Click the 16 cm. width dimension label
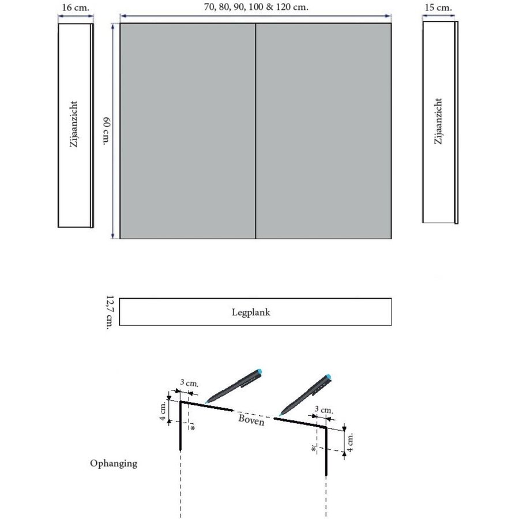pyautogui.click(x=75, y=7)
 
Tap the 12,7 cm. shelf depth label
pyautogui.click(x=110, y=312)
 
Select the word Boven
pyautogui.click(x=251, y=420)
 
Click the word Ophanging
pyautogui.click(x=114, y=463)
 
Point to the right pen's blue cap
pyautogui.click(x=328, y=379)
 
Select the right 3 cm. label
pyautogui.click(x=324, y=410)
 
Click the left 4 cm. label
pyautogui.click(x=163, y=411)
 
